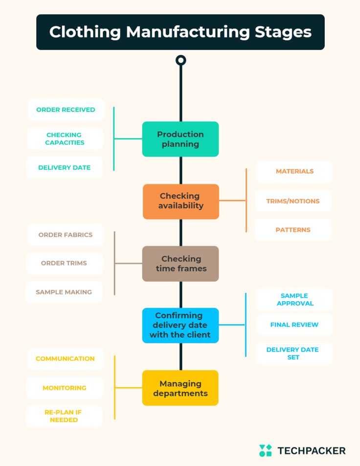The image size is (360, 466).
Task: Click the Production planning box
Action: click(x=180, y=139)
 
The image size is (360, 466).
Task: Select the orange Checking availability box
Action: click(x=180, y=201)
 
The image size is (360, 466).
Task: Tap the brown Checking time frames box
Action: click(x=180, y=264)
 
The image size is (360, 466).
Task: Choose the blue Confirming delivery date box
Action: click(x=180, y=325)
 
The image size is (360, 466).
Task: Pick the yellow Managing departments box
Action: click(x=180, y=388)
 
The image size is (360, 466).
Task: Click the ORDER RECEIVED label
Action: click(x=66, y=110)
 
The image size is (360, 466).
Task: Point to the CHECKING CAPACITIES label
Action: click(x=65, y=139)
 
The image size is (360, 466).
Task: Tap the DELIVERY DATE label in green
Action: click(x=65, y=168)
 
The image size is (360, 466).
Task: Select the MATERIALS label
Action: click(x=294, y=172)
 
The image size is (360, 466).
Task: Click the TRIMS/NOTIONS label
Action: click(x=293, y=201)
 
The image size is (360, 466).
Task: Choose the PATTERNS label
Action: click(x=293, y=230)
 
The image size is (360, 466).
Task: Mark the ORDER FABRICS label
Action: click(x=66, y=235)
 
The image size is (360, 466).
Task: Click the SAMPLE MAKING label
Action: click(x=64, y=292)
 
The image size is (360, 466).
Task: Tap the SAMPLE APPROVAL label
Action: click(x=294, y=300)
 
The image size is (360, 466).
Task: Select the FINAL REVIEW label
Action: click(x=294, y=325)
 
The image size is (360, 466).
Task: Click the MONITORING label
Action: click(x=65, y=388)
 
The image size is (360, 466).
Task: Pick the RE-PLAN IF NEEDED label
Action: click(x=64, y=416)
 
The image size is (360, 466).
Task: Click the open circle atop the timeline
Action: click(x=180, y=60)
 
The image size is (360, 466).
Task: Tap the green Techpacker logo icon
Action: click(x=265, y=450)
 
